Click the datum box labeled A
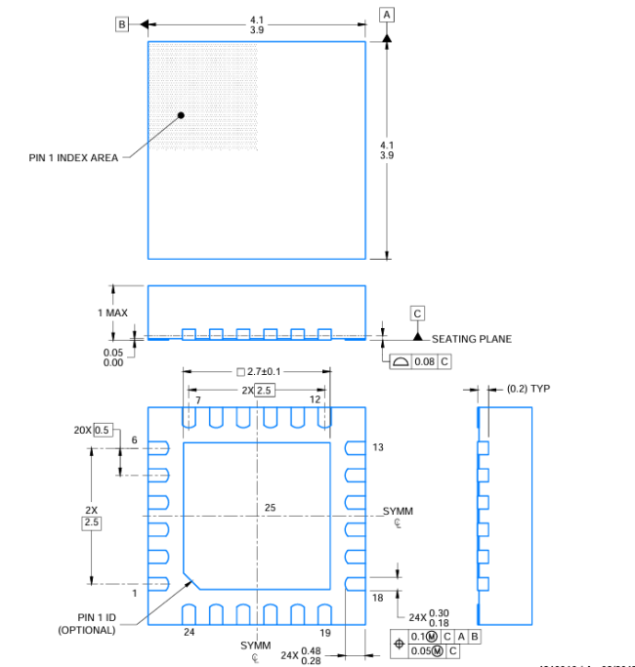(388, 14)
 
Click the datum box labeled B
(122, 23)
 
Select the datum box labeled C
(417, 313)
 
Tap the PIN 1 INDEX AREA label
(73, 157)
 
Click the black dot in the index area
(182, 115)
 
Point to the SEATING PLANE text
(472, 339)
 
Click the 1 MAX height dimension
(112, 313)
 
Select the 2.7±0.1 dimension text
(264, 371)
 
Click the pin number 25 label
(271, 507)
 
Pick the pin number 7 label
(197, 400)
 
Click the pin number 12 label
(315, 400)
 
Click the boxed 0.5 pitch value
(103, 430)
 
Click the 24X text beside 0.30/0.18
(417, 617)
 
